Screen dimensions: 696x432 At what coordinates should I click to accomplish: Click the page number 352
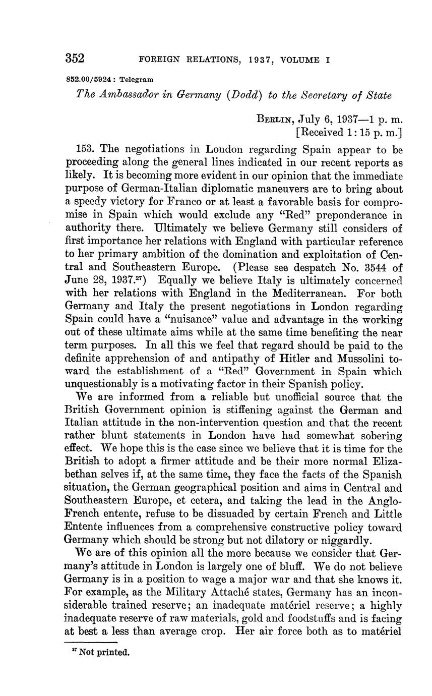[75, 59]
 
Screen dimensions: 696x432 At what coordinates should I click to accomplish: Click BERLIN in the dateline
[275, 121]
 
